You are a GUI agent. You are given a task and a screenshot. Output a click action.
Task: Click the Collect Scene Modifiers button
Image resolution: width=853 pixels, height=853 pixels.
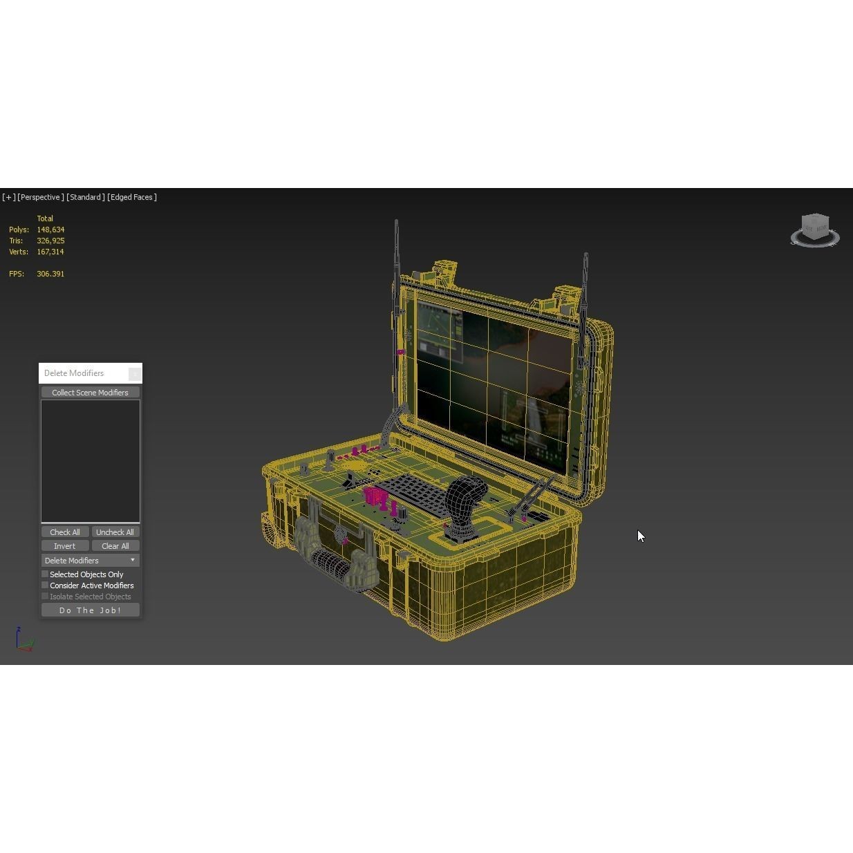90,393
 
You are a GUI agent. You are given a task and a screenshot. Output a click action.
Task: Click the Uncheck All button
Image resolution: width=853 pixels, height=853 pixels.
115,532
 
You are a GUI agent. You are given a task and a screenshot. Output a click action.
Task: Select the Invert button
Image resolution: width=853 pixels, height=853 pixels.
65,546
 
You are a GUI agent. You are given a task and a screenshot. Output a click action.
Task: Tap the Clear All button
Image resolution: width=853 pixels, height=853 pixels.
115,546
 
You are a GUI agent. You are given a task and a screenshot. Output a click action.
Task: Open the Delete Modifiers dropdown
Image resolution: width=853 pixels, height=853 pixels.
90,561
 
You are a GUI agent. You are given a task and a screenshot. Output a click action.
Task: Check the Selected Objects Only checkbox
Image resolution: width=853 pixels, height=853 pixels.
46,574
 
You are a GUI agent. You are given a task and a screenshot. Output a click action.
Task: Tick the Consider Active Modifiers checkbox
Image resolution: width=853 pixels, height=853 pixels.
46,585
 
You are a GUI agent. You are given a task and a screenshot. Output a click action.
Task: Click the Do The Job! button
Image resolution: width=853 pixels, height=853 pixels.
90,610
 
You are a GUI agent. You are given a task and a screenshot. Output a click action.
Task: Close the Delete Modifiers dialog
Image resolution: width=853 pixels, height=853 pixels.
135,373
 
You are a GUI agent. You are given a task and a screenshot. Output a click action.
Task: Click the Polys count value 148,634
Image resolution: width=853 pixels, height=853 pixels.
50,229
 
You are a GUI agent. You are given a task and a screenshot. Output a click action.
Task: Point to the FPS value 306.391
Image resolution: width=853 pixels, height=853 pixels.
50,274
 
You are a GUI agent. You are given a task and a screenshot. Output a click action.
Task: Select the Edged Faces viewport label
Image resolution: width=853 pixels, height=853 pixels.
132,197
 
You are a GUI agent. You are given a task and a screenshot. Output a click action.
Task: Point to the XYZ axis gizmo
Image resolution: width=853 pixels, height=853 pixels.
24,640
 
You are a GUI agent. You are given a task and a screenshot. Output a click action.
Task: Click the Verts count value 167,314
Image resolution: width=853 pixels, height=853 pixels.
50,252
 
